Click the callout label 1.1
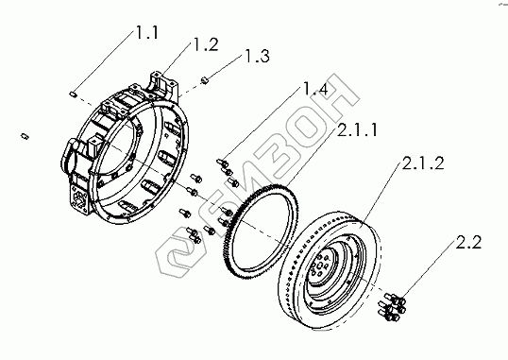(x=147, y=33)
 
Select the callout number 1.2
(x=206, y=44)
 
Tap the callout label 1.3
(x=256, y=56)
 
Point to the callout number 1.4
(x=315, y=89)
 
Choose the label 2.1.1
(x=357, y=130)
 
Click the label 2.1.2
(x=423, y=163)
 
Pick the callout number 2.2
(x=468, y=242)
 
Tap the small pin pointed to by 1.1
(x=73, y=94)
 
